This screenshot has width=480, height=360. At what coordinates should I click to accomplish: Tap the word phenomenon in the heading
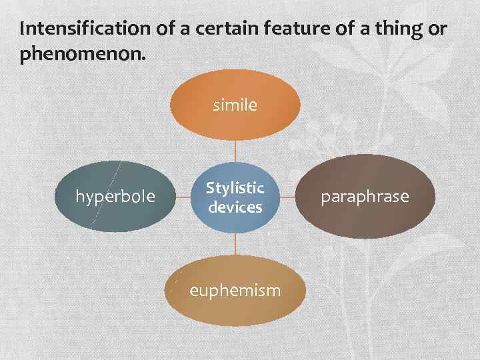[81, 54]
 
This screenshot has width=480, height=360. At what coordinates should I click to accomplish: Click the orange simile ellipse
[235, 123]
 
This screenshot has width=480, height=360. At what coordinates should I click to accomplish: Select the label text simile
[235, 105]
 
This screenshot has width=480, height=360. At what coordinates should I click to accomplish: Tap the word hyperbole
[115, 197]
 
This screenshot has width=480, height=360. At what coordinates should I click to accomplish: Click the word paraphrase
[365, 197]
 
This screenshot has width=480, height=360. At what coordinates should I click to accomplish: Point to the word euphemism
[235, 291]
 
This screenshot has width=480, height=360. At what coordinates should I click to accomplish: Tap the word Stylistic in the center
[235, 189]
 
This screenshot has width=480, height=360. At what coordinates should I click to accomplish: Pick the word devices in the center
[235, 207]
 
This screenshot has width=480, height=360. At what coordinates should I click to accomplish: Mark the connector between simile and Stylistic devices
[235, 151]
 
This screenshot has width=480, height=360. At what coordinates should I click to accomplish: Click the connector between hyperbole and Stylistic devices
[184, 197]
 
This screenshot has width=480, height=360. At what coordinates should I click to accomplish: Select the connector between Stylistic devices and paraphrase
[286, 197]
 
